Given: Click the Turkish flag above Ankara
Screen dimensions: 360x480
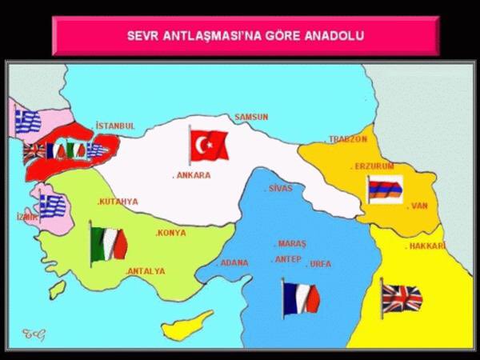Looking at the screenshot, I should click(x=210, y=145).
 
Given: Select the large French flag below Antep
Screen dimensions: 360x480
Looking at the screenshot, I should click(x=301, y=297).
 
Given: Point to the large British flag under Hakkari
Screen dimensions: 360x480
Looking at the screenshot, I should click(x=402, y=298).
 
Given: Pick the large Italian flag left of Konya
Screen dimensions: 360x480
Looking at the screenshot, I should click(x=109, y=243).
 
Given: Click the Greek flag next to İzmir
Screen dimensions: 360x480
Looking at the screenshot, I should click(x=52, y=206).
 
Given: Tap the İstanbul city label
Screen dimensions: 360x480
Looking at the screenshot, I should click(x=114, y=126).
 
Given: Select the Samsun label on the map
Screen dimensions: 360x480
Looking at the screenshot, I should click(x=251, y=117).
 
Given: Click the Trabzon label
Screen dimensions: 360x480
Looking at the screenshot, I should click(x=347, y=139).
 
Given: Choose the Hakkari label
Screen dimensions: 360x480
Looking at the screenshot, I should click(x=426, y=246).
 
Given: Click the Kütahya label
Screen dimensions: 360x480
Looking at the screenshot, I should click(x=118, y=202).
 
